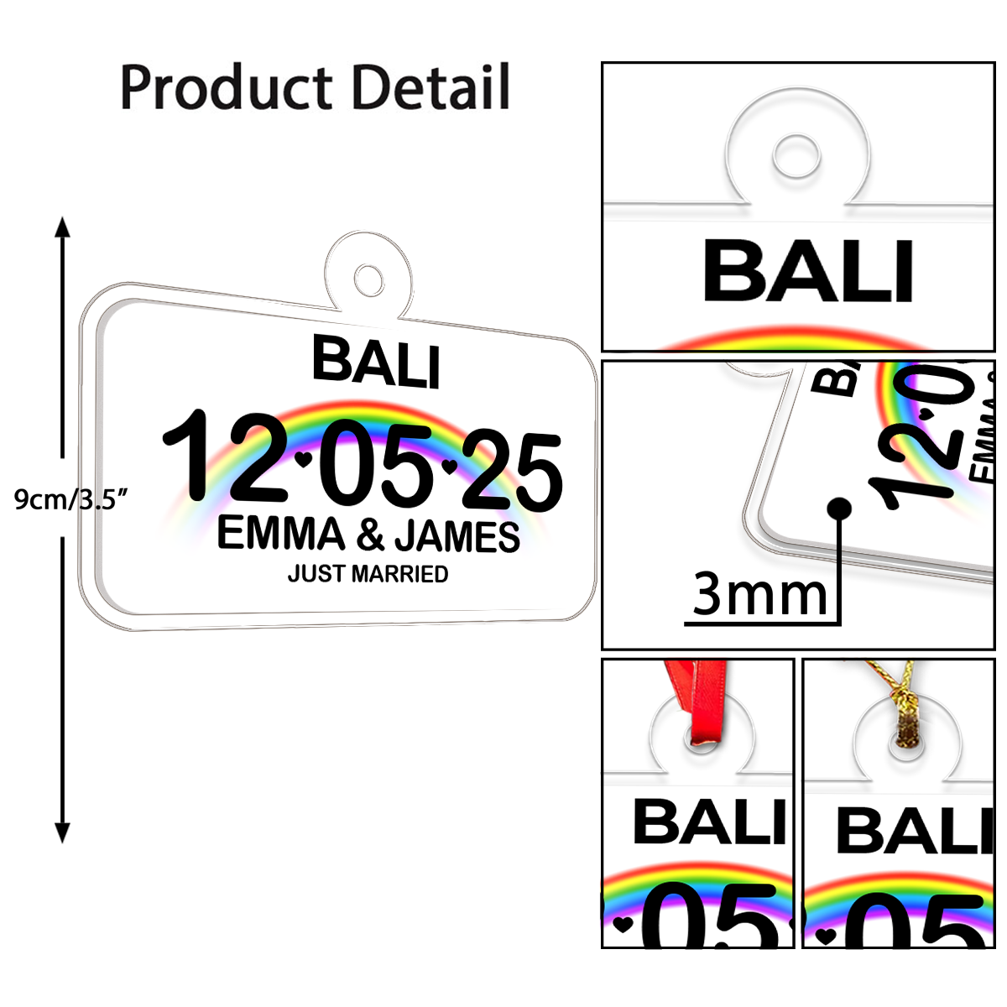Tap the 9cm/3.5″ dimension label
click(71, 499)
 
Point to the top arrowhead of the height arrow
click(62, 227)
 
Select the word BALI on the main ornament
click(376, 362)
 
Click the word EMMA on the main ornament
click(281, 534)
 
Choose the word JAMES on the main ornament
click(457, 537)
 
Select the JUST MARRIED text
click(368, 574)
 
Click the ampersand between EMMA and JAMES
click(369, 535)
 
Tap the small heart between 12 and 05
click(304, 459)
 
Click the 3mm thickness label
click(759, 594)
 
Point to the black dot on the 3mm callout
click(838, 508)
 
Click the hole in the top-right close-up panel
click(796, 155)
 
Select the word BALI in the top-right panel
click(807, 271)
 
